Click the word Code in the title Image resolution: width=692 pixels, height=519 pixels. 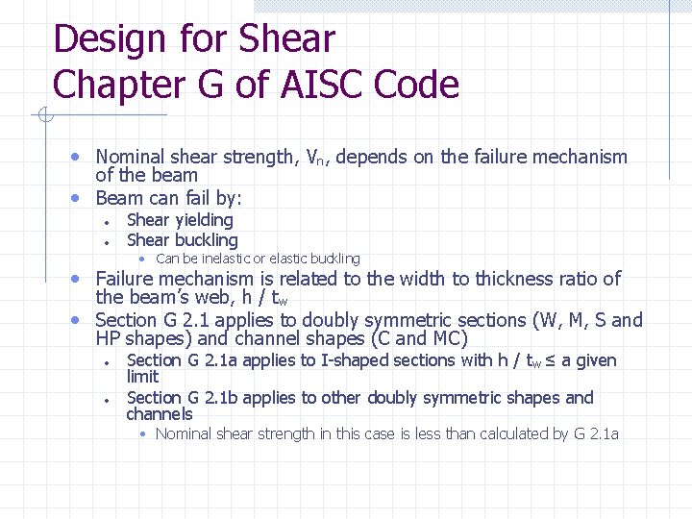coord(415,85)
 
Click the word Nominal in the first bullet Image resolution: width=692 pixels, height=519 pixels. coord(130,157)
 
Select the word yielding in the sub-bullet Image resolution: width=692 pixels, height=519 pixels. coord(203,220)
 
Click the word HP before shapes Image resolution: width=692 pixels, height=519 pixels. coord(108,338)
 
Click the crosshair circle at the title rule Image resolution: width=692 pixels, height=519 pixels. coord(43,116)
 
